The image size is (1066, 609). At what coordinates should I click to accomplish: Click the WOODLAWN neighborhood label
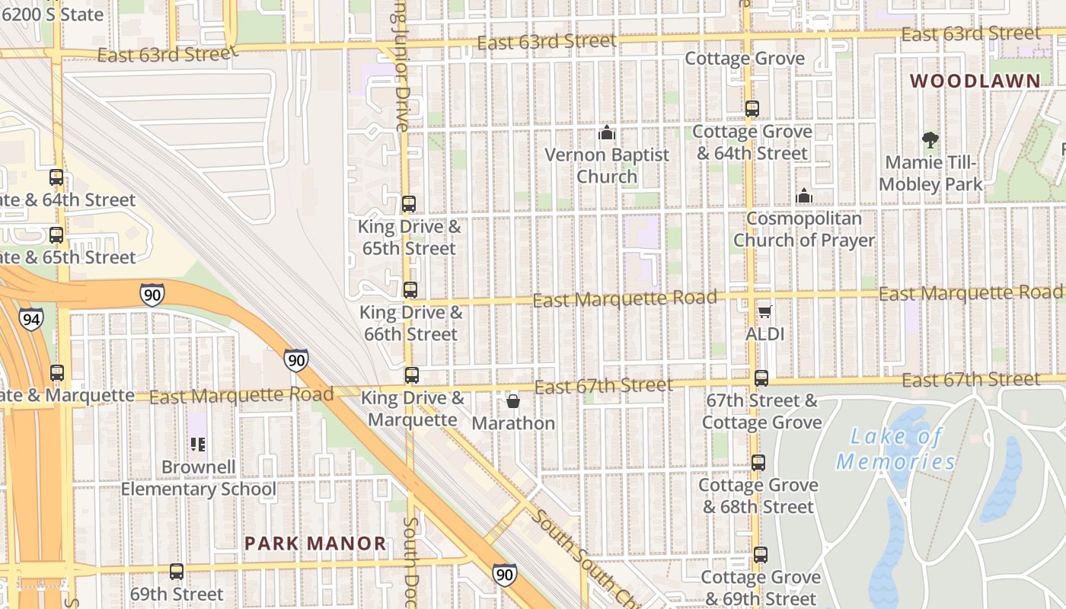(975, 81)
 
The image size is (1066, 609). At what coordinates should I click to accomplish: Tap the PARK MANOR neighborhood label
(315, 544)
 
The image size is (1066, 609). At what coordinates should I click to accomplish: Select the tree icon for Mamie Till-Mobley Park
(930, 139)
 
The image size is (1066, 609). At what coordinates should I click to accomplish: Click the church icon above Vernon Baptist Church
(606, 132)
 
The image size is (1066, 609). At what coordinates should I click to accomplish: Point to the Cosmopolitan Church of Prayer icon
(803, 196)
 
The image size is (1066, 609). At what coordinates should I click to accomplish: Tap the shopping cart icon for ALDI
(765, 311)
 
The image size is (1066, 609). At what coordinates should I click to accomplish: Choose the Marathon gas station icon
(513, 400)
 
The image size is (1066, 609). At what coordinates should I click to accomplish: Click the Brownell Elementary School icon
(198, 444)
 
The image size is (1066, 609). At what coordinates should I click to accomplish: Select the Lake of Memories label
(895, 449)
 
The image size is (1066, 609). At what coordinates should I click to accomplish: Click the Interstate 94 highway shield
(31, 318)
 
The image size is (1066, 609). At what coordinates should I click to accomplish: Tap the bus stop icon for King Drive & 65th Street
(409, 204)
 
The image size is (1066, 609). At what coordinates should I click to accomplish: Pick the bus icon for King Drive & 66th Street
(410, 290)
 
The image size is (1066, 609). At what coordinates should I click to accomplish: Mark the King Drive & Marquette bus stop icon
(412, 375)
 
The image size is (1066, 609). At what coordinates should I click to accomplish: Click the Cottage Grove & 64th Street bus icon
(752, 109)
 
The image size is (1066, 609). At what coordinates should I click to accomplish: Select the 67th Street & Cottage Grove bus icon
(761, 378)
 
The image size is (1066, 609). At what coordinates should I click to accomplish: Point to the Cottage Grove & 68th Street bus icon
(758, 463)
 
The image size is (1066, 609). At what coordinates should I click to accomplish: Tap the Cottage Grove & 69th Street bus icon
(761, 555)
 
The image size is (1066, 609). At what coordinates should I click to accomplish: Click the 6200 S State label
(52, 14)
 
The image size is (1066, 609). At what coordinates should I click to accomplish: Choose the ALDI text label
(765, 333)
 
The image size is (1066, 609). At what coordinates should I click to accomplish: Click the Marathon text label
(513, 423)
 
